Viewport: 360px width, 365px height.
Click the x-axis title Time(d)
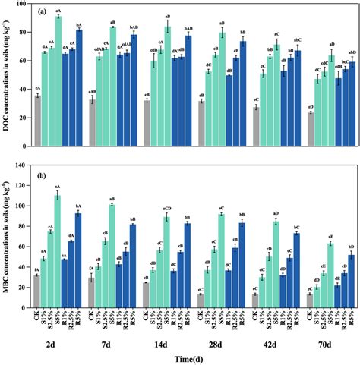tap(194, 357)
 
